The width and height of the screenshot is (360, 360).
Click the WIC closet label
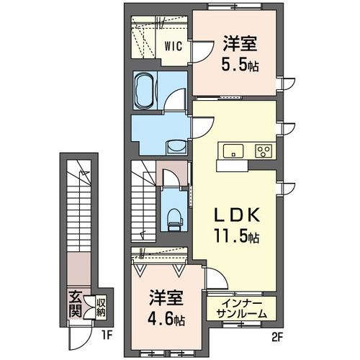pos(174,46)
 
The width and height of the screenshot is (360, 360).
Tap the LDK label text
pos(237,215)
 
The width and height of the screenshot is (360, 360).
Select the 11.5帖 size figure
pos(236,235)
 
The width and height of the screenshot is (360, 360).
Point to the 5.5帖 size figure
pos(240,64)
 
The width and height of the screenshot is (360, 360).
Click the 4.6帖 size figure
pos(166,320)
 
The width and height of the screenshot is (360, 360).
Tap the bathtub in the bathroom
pos(145,91)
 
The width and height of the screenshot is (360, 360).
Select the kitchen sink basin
pos(233,151)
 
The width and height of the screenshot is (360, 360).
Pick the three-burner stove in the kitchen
pos(264,151)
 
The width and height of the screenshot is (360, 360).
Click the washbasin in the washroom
pos(176,146)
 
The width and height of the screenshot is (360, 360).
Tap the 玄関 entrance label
pos(75,304)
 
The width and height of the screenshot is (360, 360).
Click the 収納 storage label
pos(101,307)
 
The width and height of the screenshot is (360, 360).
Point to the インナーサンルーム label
pos(241,309)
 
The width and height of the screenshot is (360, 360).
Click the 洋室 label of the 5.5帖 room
pos(240,43)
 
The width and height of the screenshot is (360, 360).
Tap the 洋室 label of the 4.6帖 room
pos(166,297)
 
